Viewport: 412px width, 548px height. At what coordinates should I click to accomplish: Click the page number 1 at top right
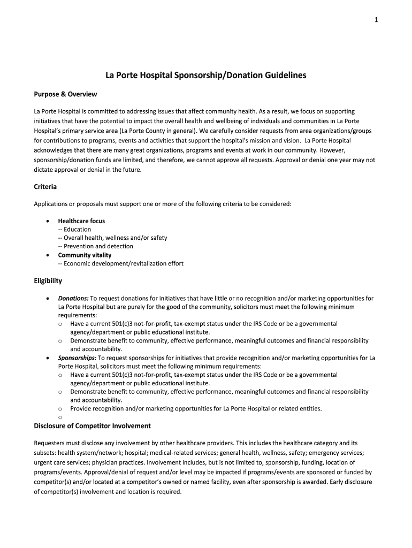click(x=377, y=20)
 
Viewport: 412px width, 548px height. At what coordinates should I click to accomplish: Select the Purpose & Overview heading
click(x=65, y=94)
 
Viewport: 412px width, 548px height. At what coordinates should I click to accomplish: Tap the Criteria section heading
click(x=45, y=187)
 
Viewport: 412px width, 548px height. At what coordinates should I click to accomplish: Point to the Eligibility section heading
click(x=48, y=280)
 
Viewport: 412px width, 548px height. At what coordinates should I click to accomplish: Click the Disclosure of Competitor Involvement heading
click(x=92, y=426)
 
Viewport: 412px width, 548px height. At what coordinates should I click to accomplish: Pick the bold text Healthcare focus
click(x=81, y=221)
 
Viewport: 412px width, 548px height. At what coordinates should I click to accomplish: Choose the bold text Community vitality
click(x=85, y=255)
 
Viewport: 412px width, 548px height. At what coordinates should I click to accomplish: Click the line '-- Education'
click(x=74, y=230)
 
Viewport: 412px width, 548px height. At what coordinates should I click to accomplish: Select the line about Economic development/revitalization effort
click(x=120, y=264)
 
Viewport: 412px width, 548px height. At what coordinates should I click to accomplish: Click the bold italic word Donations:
click(x=73, y=299)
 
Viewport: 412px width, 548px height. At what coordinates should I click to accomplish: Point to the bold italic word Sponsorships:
click(x=77, y=358)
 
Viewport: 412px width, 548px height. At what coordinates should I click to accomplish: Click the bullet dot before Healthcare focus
click(x=49, y=221)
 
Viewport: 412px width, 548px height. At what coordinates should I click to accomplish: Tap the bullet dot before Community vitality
click(x=49, y=255)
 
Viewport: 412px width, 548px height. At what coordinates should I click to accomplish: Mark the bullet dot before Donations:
click(x=49, y=299)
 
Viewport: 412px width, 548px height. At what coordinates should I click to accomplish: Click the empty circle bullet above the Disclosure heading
click(x=60, y=417)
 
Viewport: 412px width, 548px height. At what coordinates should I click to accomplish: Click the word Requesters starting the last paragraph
click(x=51, y=443)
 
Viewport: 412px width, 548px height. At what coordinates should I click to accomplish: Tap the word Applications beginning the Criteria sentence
click(x=54, y=204)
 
